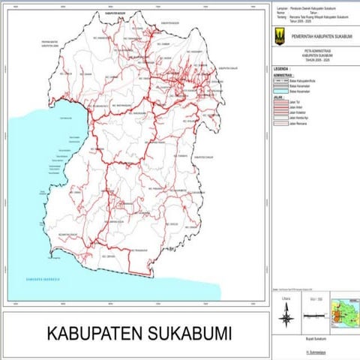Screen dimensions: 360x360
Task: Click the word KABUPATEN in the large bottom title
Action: (x=97, y=332)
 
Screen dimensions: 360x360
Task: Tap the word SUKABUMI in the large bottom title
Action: (x=187, y=332)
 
